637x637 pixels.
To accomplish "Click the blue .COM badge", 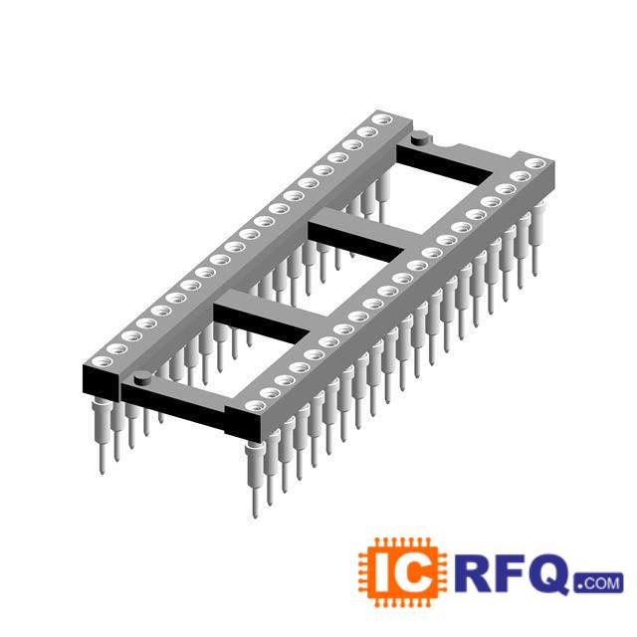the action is (598, 583).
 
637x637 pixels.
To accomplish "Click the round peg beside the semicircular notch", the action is (420, 137).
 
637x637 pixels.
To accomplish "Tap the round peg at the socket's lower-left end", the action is (143, 378).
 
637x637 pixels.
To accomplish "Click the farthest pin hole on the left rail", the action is (382, 119).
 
